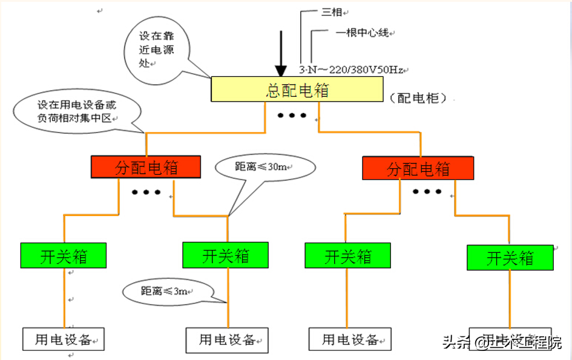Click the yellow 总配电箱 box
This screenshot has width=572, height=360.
[297, 90]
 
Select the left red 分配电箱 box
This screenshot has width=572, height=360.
[146, 167]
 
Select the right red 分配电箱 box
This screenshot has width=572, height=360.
[418, 168]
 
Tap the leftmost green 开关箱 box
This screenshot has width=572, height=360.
[64, 255]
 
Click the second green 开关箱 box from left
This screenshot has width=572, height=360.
[225, 255]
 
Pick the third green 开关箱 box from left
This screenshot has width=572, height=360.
[347, 255]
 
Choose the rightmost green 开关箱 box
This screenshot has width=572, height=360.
[510, 258]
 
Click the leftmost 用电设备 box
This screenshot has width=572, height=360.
[63, 339]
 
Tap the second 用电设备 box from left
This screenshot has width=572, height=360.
[227, 339]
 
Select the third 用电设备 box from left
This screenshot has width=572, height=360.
[350, 339]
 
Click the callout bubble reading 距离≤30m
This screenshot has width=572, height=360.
[265, 166]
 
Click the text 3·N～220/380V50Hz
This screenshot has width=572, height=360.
[351, 70]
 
